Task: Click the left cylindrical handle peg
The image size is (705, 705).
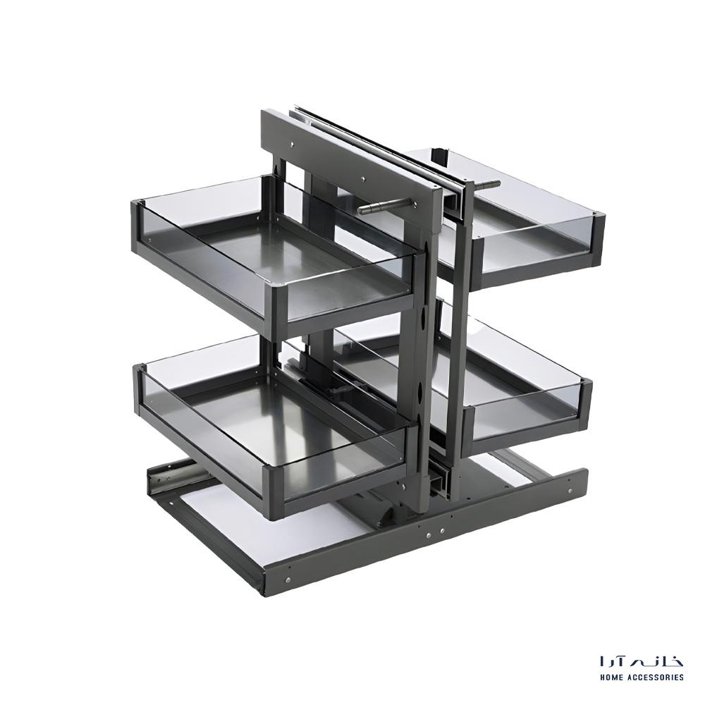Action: pos(384,208)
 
